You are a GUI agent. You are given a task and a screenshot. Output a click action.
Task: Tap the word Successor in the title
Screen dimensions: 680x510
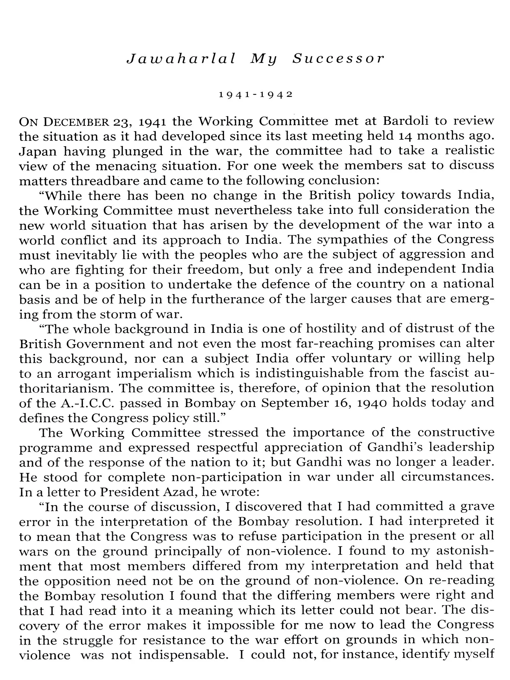[338, 59]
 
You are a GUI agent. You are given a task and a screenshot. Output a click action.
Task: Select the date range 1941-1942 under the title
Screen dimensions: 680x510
[256, 95]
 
